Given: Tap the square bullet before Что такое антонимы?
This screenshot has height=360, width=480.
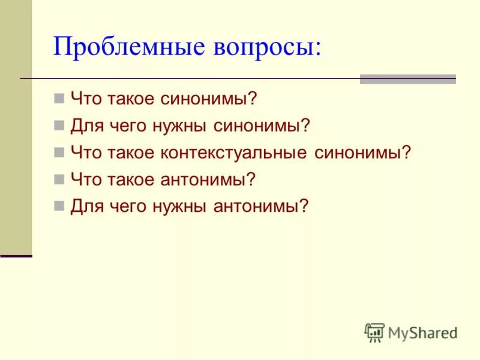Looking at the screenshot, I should [x=59, y=178].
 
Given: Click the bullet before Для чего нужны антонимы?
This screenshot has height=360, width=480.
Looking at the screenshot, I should [x=59, y=205].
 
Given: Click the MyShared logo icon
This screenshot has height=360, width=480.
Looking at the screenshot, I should [x=374, y=332].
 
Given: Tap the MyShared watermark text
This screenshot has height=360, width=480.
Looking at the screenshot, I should [x=422, y=332].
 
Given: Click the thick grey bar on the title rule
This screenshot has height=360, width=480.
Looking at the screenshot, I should [x=407, y=79].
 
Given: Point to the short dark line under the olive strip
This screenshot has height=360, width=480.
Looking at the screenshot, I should [x=16, y=256].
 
